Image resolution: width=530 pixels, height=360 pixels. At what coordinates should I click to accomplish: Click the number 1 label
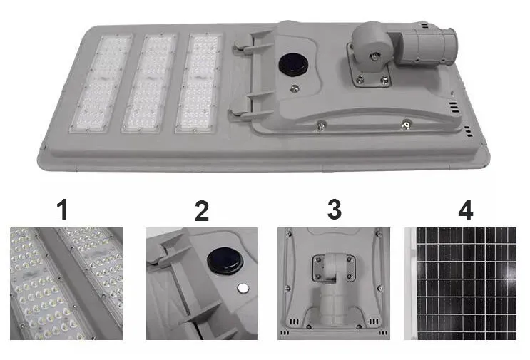click(x=63, y=210)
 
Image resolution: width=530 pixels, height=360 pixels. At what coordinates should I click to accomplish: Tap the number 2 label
click(x=201, y=211)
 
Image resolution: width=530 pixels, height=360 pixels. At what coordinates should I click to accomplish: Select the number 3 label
click(x=335, y=209)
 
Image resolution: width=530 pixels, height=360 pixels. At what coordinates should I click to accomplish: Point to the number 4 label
click(x=465, y=210)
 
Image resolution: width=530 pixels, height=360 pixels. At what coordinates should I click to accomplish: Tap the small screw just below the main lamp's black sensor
click(x=295, y=88)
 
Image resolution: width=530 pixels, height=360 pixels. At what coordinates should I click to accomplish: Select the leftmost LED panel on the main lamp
click(x=101, y=83)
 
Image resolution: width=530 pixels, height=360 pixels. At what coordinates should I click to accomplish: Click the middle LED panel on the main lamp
click(x=150, y=83)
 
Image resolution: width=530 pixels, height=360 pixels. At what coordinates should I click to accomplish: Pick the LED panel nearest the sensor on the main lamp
click(x=198, y=83)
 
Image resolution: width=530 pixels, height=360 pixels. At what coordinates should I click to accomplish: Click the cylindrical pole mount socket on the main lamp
click(x=422, y=45)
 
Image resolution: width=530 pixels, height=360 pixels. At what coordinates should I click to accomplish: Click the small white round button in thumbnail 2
click(x=243, y=288)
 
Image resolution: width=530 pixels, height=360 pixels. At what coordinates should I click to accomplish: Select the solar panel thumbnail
click(x=460, y=284)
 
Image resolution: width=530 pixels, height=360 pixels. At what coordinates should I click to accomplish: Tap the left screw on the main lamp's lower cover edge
click(x=320, y=125)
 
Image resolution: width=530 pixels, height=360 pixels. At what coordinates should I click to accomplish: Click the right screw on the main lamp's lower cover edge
click(x=406, y=125)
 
